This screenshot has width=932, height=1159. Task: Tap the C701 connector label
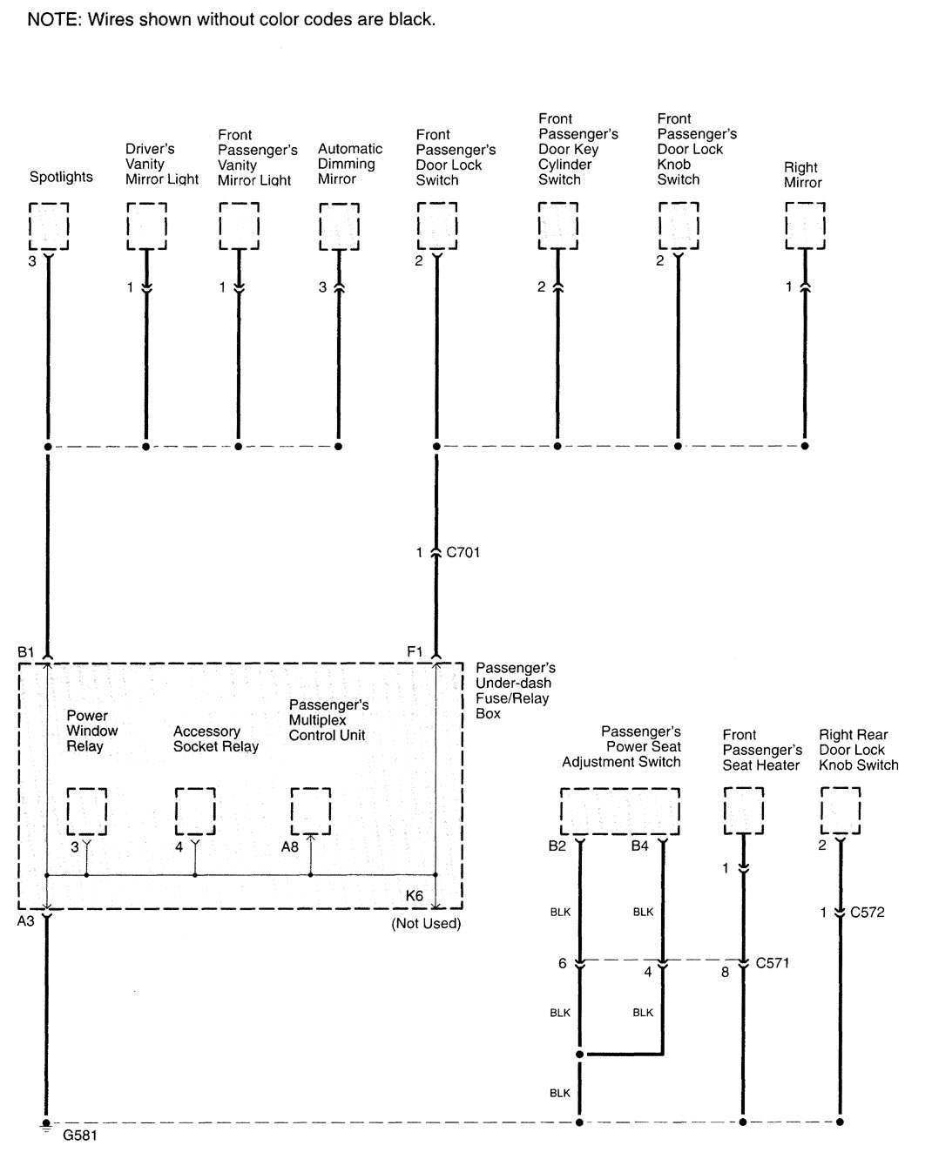point(463,552)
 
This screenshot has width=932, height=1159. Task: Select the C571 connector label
point(773,962)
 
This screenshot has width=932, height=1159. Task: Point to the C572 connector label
point(867,912)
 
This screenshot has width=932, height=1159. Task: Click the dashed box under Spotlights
point(49,226)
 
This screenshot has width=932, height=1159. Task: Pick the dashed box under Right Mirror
point(805,226)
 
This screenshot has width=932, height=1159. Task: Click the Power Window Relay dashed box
point(87,811)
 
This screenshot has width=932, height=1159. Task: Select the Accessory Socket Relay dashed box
point(195,811)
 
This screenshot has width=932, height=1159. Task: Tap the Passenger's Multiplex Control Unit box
point(311,811)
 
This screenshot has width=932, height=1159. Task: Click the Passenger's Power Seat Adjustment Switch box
point(619,811)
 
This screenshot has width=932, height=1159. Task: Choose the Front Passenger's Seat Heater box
point(744,811)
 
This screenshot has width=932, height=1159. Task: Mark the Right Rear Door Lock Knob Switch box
point(841,811)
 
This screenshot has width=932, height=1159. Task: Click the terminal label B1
point(25,651)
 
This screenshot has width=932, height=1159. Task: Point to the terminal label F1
point(415,651)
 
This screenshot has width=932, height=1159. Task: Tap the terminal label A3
point(25,920)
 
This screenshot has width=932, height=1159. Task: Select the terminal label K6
point(415,896)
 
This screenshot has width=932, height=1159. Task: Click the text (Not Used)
point(426,923)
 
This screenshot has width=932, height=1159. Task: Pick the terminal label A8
point(290,846)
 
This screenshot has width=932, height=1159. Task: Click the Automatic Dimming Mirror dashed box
point(339,226)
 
